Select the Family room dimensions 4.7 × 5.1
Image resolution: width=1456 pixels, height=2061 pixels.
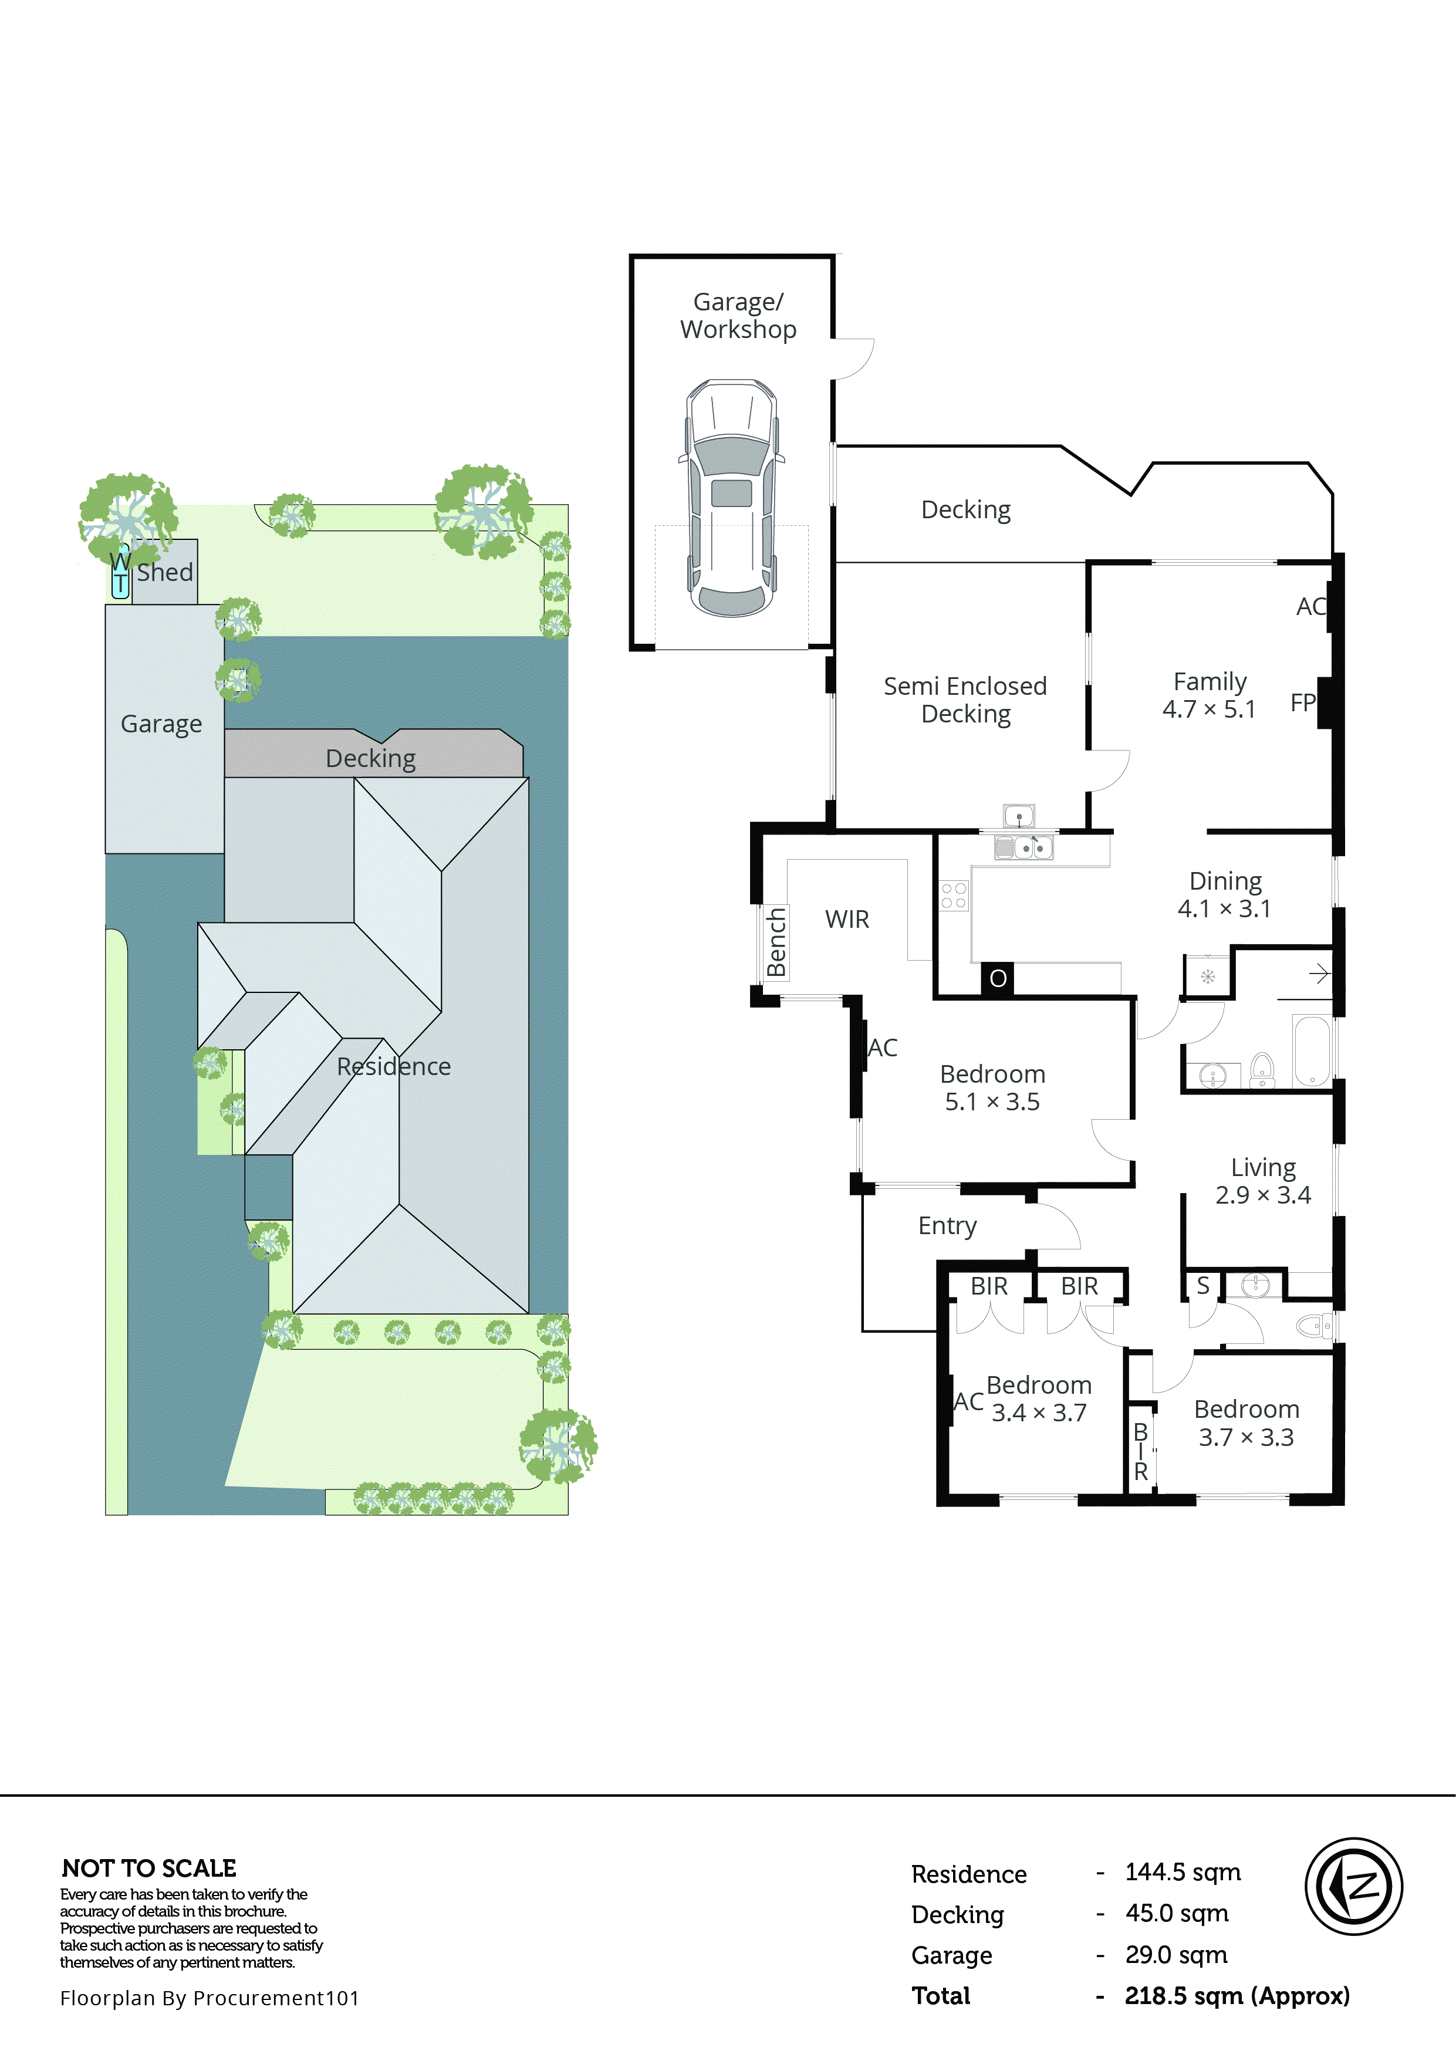point(1208,709)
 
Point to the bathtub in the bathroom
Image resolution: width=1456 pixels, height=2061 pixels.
point(1312,1050)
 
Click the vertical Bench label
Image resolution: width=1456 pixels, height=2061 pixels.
point(776,942)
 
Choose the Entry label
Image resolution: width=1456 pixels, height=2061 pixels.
point(947,1225)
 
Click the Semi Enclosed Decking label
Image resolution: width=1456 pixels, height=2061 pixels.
point(965,700)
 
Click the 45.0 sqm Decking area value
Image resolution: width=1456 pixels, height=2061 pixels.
point(1176,1913)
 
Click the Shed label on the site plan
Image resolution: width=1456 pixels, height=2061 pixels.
point(165,572)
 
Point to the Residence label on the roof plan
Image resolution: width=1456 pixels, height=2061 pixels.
point(393,1066)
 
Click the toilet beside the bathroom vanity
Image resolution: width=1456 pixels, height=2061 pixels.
point(1262,1069)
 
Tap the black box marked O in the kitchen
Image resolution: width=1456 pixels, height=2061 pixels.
point(997,978)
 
